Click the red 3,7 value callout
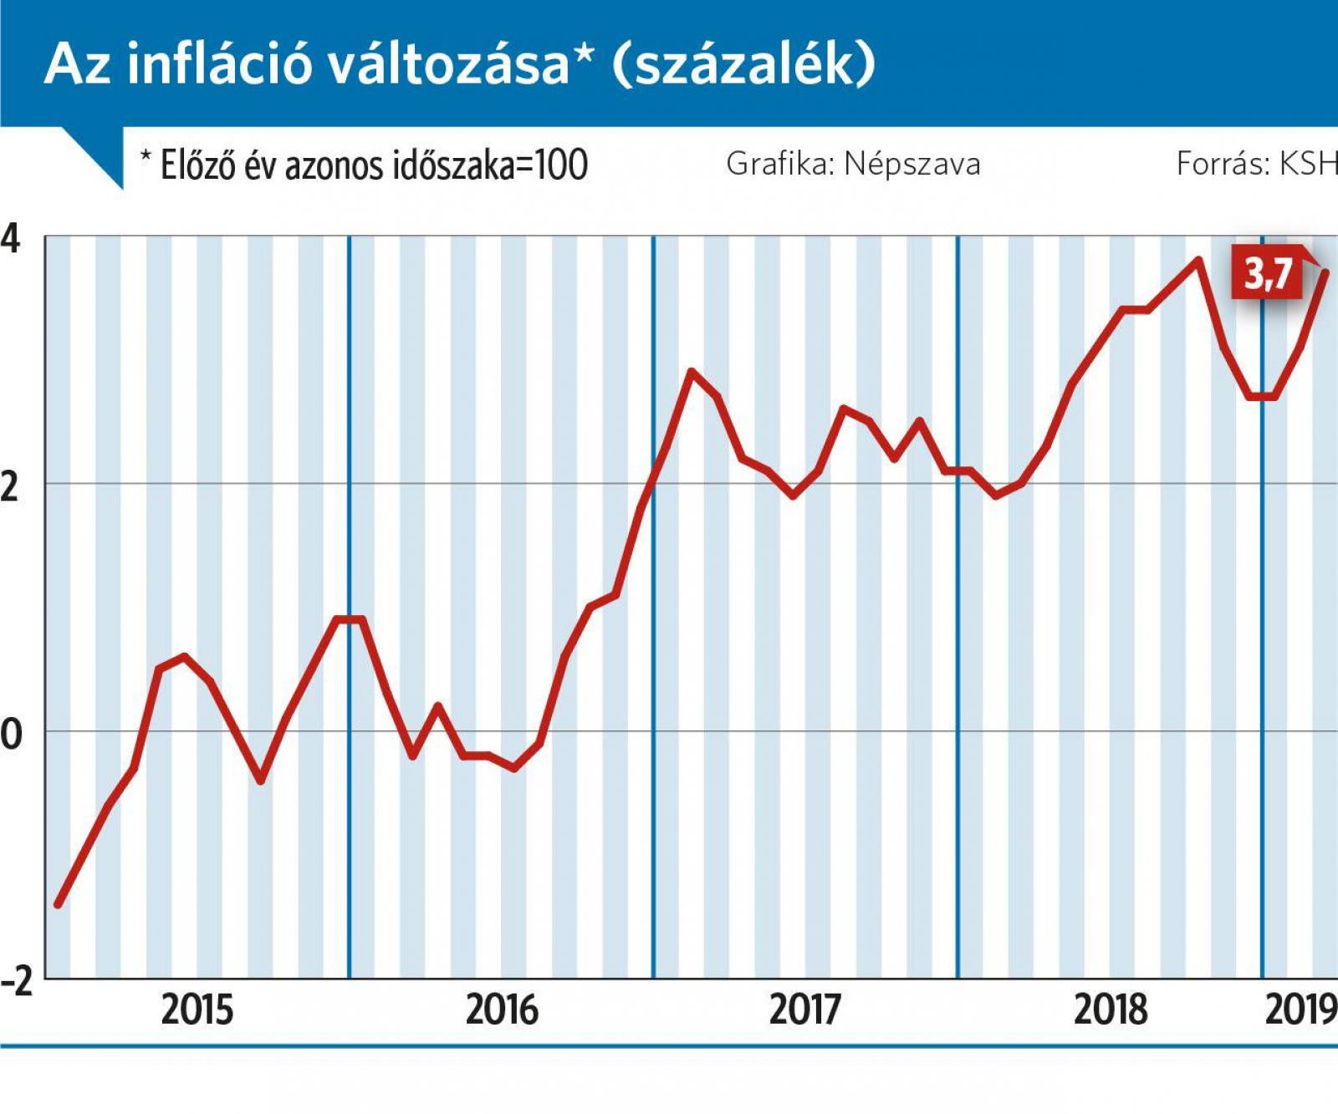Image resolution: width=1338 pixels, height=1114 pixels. pyautogui.click(x=1269, y=273)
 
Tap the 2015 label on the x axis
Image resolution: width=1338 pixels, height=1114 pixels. pyautogui.click(x=197, y=1010)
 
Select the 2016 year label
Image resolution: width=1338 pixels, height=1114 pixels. pyautogui.click(x=502, y=1010)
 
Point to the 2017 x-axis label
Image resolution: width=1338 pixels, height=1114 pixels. pyautogui.click(x=805, y=1010)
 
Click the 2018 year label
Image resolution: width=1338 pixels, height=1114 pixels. pyautogui.click(x=1110, y=1010)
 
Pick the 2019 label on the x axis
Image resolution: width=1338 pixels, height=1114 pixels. pyautogui.click(x=1301, y=1010)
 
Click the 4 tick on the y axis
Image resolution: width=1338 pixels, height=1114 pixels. pyautogui.click(x=10, y=240)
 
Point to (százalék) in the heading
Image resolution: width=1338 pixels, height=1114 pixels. pyautogui.click(x=743, y=64)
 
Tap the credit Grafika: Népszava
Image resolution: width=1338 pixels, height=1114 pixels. pyautogui.click(x=853, y=164)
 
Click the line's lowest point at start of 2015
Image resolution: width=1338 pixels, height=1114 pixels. pyautogui.click(x=58, y=904)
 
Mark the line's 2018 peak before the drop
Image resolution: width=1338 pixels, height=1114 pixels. pyautogui.click(x=1198, y=260)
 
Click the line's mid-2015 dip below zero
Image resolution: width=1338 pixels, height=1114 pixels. pyautogui.click(x=261, y=781)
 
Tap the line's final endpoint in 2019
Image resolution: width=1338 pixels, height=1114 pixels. pyautogui.click(x=1325, y=272)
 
